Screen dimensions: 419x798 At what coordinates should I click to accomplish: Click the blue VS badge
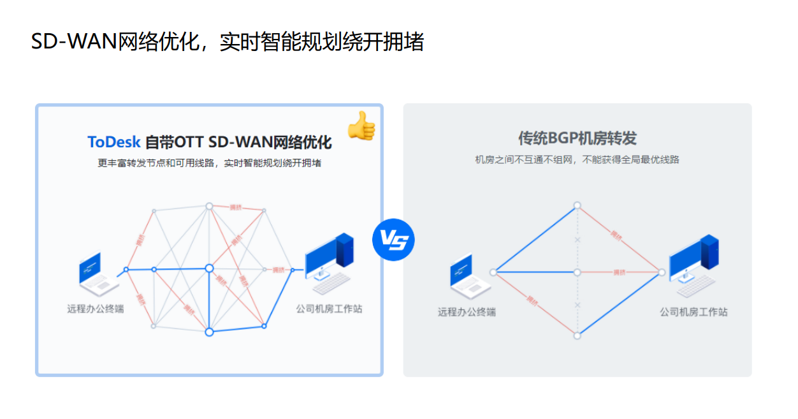click(393, 240)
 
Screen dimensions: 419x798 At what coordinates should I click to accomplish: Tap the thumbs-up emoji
click(361, 125)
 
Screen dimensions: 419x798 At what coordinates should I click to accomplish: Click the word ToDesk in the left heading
click(113, 141)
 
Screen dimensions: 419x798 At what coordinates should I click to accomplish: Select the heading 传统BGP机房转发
click(577, 138)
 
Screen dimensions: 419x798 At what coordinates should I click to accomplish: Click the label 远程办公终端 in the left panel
click(96, 309)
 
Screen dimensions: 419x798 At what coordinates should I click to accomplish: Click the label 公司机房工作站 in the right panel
click(693, 312)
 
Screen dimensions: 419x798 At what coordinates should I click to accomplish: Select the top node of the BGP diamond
click(577, 205)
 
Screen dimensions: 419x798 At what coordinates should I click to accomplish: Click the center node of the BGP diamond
click(577, 272)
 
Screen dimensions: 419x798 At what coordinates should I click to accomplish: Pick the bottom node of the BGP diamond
click(577, 335)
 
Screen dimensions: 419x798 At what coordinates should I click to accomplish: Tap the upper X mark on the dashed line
click(577, 240)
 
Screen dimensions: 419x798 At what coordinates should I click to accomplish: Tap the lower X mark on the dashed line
click(577, 305)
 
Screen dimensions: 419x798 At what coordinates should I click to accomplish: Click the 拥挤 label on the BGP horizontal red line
click(619, 272)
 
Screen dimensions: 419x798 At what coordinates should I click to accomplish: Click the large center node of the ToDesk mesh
click(209, 268)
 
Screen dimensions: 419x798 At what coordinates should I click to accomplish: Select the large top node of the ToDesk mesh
click(208, 206)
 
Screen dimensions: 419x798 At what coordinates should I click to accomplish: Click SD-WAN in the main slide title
click(74, 42)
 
